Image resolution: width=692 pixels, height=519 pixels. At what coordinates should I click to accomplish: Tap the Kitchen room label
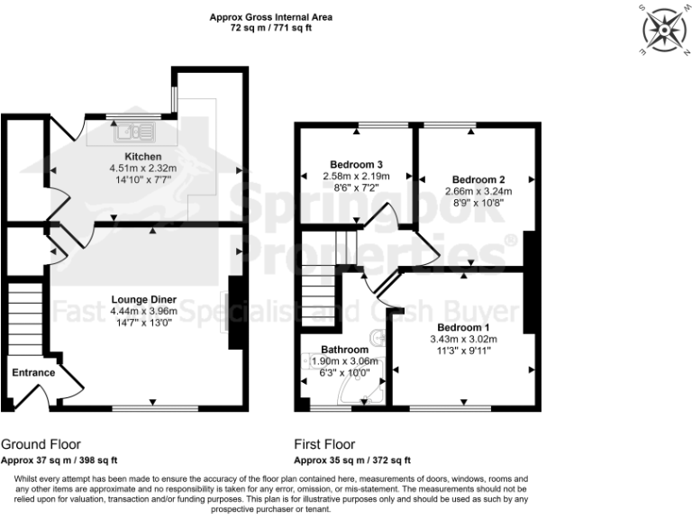143,156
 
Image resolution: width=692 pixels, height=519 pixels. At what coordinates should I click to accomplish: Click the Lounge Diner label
143,299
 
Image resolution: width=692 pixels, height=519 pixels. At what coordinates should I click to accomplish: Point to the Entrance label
33,373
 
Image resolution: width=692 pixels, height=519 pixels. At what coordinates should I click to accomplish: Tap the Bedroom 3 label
356,165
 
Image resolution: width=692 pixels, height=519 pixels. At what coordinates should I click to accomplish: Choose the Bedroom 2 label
478,179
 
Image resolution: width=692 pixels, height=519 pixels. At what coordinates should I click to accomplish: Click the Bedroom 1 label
463,327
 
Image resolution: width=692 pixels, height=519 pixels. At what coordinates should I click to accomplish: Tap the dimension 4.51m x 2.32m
143,167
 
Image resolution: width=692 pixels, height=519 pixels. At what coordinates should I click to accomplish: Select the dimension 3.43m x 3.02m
463,339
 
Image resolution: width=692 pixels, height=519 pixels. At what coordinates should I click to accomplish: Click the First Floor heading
324,444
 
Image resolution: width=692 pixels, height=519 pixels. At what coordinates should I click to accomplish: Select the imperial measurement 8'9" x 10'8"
478,203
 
